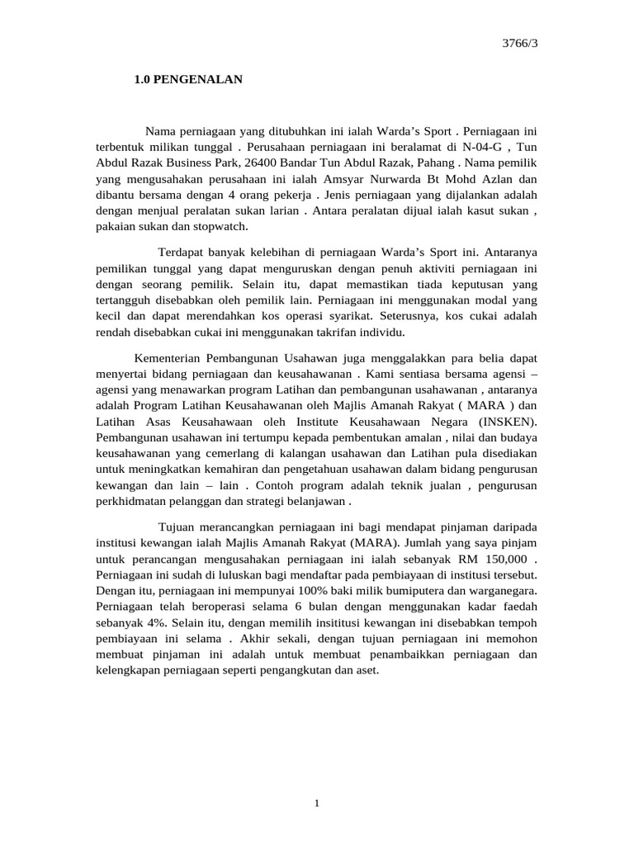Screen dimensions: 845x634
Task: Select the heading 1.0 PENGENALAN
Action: [x=188, y=80]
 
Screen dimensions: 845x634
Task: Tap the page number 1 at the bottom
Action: [x=317, y=805]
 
